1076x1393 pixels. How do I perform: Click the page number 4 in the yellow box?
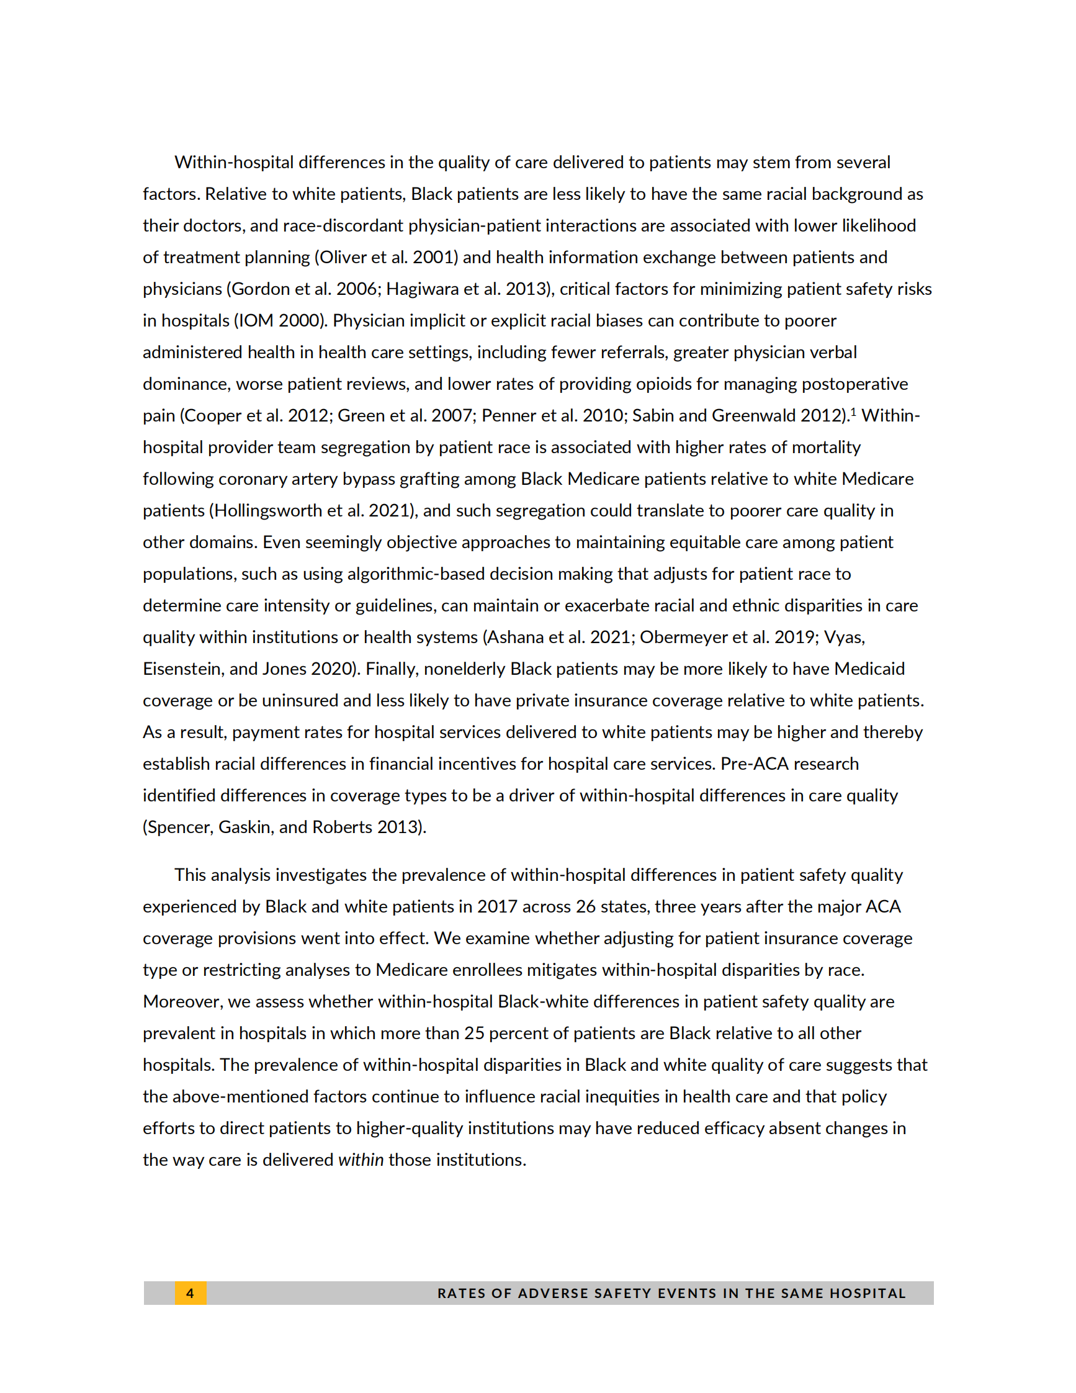[x=190, y=1293]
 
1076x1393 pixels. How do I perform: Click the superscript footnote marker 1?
[x=853, y=412]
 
